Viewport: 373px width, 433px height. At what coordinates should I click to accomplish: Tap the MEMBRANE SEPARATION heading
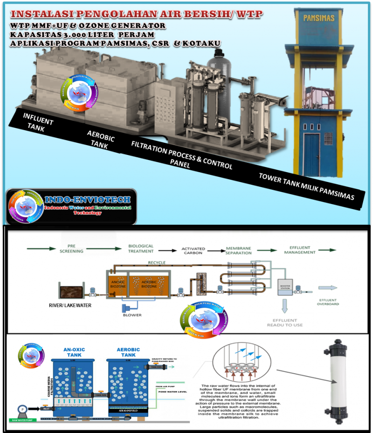point(239,251)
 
